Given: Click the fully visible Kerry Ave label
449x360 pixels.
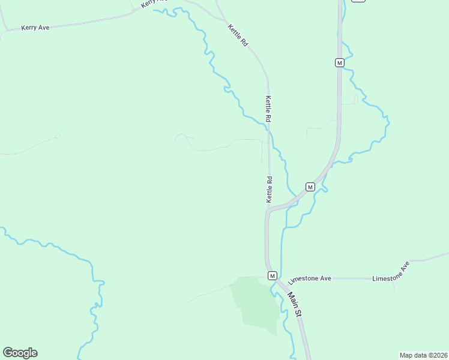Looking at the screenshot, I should coord(35,28).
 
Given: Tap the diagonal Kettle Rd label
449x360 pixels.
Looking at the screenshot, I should coord(238,35).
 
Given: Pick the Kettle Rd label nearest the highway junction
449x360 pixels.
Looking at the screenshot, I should coord(270,188).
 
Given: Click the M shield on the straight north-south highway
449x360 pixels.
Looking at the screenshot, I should coord(339,62).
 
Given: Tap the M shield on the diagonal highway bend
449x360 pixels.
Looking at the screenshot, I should coord(310,187).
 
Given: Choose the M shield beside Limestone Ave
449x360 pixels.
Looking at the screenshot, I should coord(272,275).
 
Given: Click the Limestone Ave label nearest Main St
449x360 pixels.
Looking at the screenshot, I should coord(310,279).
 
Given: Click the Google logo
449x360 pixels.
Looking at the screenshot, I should coord(20,353).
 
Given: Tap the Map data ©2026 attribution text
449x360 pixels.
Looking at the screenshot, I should coord(423,355).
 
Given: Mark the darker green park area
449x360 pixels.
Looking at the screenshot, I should coord(255,303).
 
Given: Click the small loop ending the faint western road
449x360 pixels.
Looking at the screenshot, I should coord(58,136).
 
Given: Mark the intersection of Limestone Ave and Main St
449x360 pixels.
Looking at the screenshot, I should coord(277,279).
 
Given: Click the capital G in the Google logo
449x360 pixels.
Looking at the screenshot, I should coord(8,352).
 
